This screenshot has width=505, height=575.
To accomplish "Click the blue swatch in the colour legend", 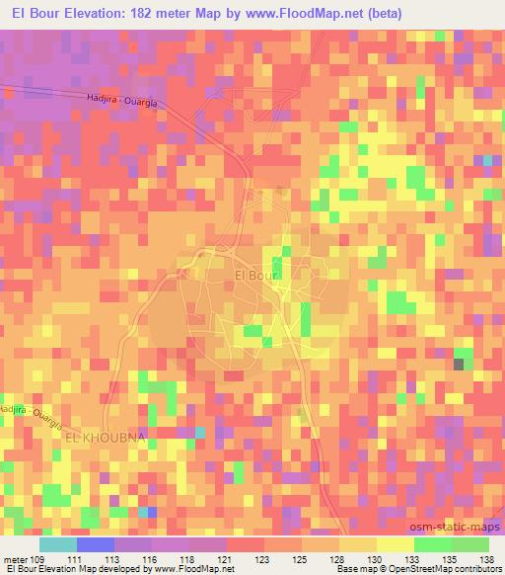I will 96,543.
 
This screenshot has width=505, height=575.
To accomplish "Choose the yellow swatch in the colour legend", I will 395,543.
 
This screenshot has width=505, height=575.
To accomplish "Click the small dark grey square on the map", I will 459,365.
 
